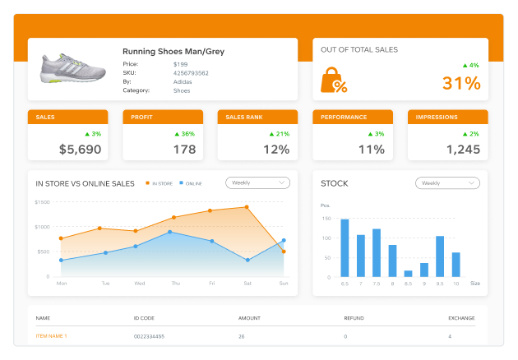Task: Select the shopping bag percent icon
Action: click(334, 81)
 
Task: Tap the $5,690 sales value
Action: click(81, 149)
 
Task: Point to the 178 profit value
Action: click(184, 149)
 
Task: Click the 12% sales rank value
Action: click(276, 149)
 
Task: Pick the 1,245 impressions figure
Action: click(463, 149)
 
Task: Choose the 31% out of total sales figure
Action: click(460, 83)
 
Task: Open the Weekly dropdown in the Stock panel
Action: click(447, 183)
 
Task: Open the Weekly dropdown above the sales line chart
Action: click(257, 182)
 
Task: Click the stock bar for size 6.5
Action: click(345, 247)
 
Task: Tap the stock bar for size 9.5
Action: click(440, 256)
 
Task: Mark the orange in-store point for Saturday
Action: click(247, 207)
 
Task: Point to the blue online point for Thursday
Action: click(170, 232)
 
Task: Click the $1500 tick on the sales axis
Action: click(42, 202)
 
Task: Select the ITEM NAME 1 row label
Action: click(51, 336)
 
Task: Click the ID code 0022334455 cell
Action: click(149, 336)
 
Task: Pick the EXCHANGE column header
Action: click(461, 317)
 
